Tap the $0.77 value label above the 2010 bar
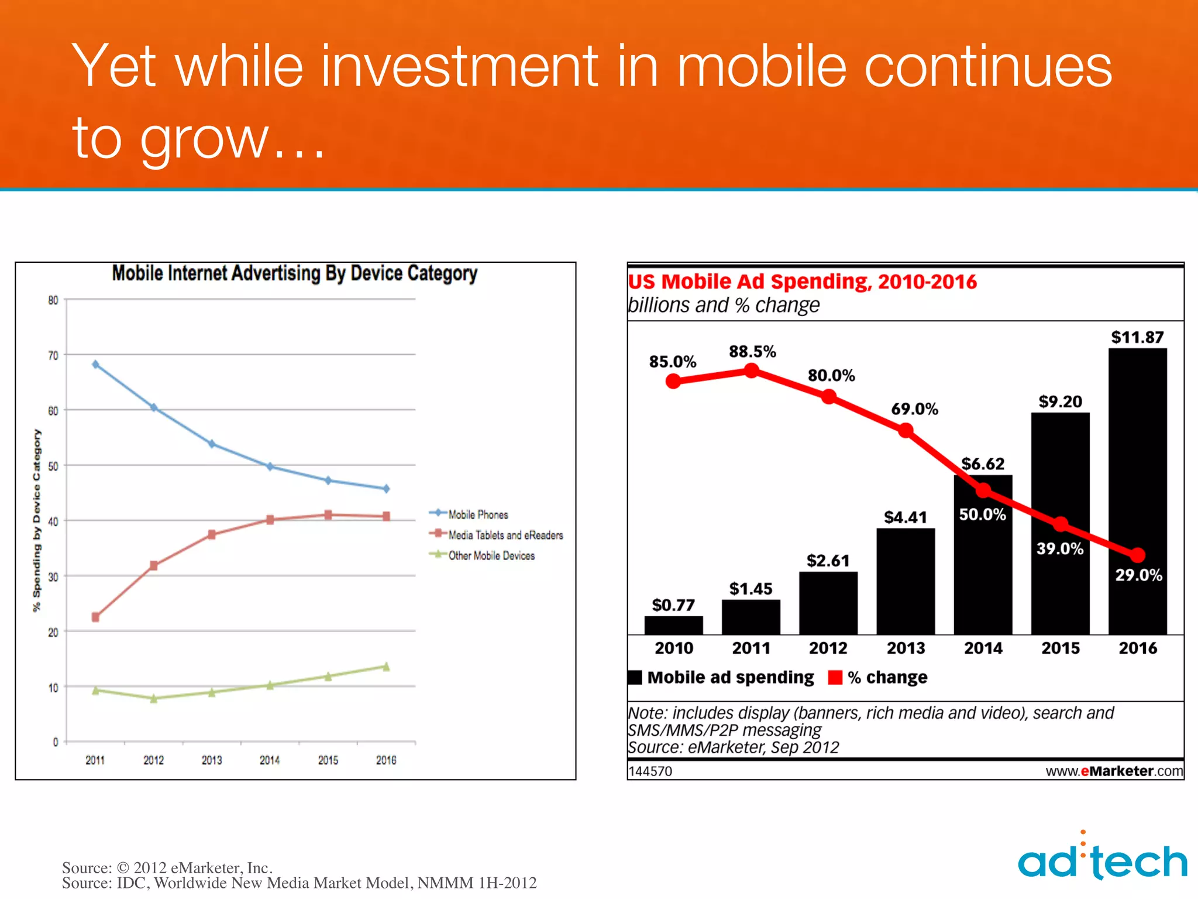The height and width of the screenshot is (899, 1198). [673, 605]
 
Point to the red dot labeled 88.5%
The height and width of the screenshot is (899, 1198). [752, 370]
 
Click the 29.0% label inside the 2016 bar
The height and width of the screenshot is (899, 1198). [1138, 575]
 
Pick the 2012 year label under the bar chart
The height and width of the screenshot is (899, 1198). [828, 648]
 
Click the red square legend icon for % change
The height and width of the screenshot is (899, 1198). [835, 678]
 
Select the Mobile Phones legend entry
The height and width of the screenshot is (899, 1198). [477, 514]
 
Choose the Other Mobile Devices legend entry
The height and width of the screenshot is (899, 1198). [491, 555]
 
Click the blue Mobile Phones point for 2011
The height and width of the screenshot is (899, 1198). [96, 365]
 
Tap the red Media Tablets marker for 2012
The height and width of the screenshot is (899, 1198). [154, 565]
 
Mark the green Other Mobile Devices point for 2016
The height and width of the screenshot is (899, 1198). [386, 667]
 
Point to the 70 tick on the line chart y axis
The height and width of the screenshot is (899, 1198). [53, 356]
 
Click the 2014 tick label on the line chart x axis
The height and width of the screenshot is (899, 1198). [270, 760]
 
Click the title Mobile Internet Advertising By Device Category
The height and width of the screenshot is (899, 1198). [294, 273]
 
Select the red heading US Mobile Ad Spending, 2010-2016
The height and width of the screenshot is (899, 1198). [802, 282]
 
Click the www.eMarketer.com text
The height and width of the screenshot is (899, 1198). [1114, 771]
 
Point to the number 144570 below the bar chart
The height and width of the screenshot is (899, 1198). [650, 771]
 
